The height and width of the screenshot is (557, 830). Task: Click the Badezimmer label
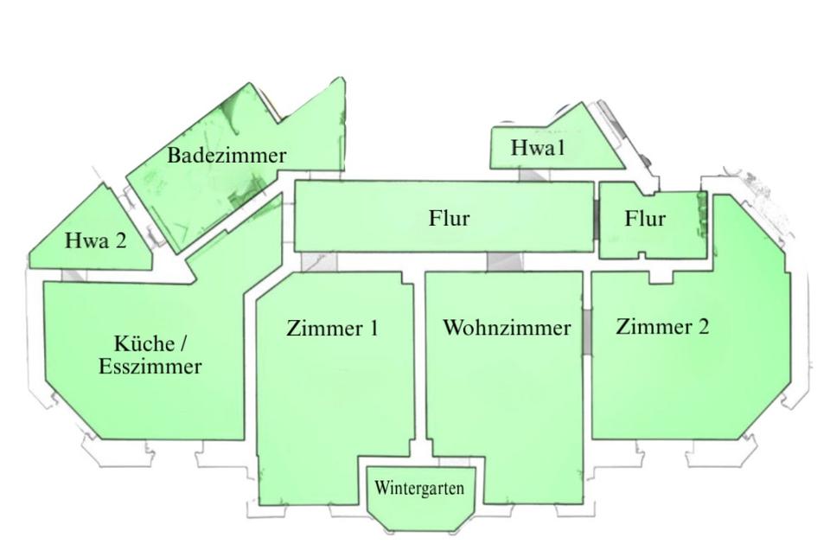[227, 156]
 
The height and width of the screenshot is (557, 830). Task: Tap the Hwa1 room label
[537, 148]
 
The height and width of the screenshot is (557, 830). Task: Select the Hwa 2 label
[95, 240]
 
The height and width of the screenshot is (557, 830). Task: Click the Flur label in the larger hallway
[449, 218]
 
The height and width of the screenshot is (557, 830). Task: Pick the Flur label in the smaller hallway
[645, 219]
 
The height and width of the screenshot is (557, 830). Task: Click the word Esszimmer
[150, 367]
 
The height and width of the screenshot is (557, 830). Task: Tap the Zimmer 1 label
[332, 329]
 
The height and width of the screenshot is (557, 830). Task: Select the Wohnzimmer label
[507, 328]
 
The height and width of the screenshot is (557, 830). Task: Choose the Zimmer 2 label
[662, 327]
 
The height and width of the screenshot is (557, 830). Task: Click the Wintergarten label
[419, 489]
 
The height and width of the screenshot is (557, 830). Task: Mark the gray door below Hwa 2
[74, 275]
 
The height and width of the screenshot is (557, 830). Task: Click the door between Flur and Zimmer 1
[318, 262]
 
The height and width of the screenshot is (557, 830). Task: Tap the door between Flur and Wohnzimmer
[500, 262]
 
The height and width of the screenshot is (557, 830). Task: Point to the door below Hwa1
[533, 175]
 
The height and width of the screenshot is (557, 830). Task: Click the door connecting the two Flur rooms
[597, 221]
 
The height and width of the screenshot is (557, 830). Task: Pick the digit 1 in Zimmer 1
[373, 329]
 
